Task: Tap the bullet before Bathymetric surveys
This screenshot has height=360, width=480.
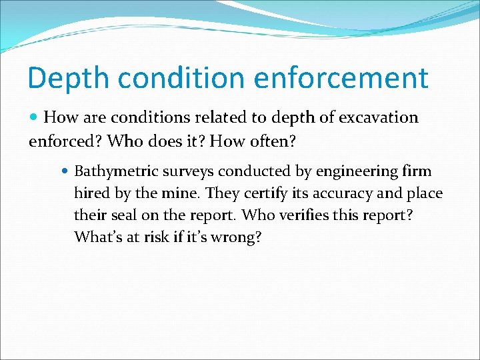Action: pyautogui.click(x=65, y=171)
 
